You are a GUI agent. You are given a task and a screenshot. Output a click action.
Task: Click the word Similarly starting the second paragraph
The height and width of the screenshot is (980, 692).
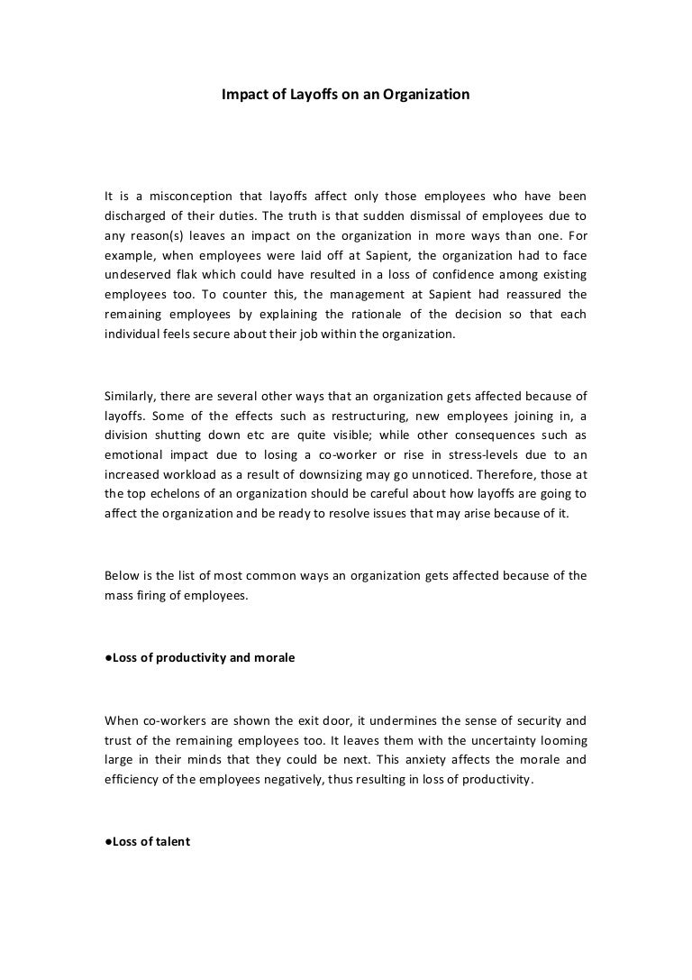[132, 393]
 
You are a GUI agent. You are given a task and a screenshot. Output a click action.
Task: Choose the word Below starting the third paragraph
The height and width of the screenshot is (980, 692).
[122, 576]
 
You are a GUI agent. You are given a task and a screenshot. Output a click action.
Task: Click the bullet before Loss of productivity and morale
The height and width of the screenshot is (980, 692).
[108, 658]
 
